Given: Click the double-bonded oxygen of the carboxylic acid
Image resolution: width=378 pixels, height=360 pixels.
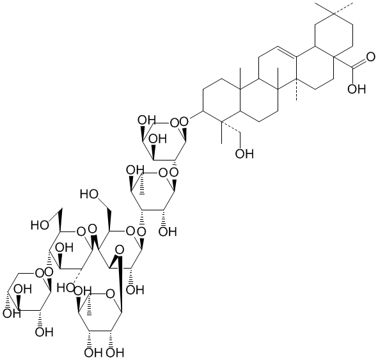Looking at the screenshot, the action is click(x=370, y=57).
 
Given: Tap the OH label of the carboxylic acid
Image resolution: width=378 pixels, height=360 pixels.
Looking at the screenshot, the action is click(x=357, y=89).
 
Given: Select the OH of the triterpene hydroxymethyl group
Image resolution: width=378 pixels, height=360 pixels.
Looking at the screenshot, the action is click(x=244, y=153).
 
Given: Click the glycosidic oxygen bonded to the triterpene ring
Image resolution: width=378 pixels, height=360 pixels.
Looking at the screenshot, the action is click(x=184, y=122).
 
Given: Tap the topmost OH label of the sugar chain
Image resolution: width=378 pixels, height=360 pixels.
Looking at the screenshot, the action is click(x=146, y=120).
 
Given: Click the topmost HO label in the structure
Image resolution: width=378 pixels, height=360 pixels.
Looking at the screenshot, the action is click(x=89, y=194).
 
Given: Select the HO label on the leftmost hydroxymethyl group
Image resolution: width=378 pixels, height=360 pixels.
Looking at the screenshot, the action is click(x=40, y=225).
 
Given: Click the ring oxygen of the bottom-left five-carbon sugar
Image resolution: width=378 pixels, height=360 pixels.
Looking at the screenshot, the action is click(x=39, y=273).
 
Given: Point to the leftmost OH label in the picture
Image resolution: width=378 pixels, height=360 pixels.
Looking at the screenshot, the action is click(x=12, y=313).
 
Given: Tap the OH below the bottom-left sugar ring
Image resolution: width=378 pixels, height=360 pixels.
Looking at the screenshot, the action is click(x=44, y=332).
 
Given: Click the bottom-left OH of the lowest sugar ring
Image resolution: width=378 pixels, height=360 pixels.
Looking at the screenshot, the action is click(x=93, y=353).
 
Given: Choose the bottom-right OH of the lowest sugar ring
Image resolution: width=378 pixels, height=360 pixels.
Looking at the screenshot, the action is click(x=115, y=353).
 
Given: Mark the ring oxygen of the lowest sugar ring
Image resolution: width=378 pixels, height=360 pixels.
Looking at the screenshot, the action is click(x=111, y=293).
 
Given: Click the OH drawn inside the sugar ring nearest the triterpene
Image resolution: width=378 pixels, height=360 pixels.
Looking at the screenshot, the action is click(x=157, y=139).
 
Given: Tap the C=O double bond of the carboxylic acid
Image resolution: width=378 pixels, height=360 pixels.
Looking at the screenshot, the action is click(x=359, y=63).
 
